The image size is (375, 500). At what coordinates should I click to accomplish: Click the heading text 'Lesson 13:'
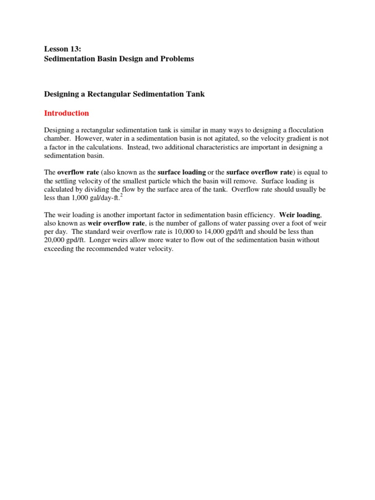[61, 49]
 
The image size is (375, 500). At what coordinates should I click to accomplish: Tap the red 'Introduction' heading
[66, 113]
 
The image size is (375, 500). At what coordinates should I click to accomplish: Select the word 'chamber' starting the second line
[58, 139]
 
